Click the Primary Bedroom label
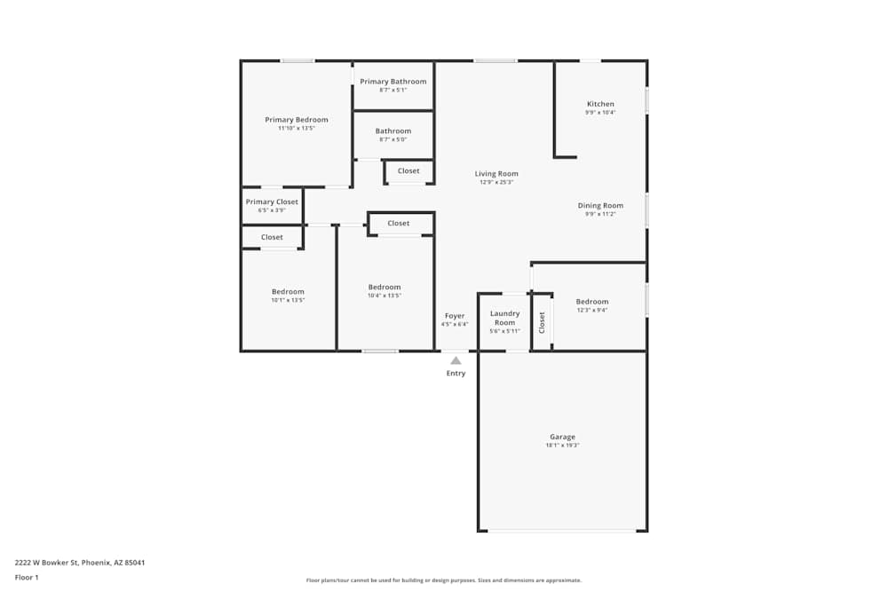click(x=296, y=120)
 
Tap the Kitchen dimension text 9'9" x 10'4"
click(x=599, y=113)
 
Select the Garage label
click(x=562, y=437)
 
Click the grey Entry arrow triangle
click(x=456, y=360)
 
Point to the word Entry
click(x=456, y=374)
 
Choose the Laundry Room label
click(x=504, y=318)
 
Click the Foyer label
click(x=455, y=316)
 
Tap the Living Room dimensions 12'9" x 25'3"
click(x=496, y=182)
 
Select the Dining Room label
click(x=600, y=206)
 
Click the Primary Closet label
click(x=272, y=202)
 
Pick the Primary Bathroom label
click(x=392, y=82)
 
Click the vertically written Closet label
click(x=542, y=322)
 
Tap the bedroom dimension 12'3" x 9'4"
click(x=591, y=310)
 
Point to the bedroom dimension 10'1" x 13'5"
click(x=288, y=300)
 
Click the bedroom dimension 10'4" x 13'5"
click(x=385, y=296)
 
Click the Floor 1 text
click(x=27, y=578)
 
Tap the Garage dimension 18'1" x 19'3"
click(x=562, y=446)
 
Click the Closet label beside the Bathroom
click(x=408, y=171)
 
